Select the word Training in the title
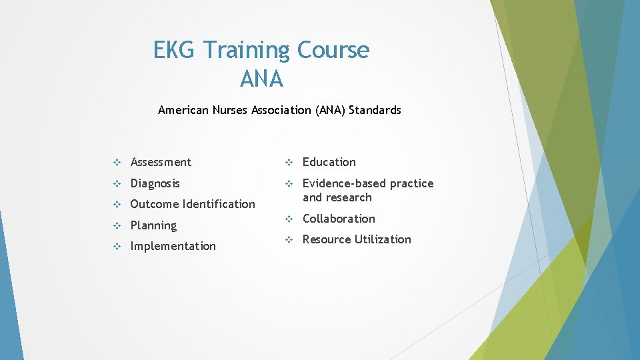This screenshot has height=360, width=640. (247, 50)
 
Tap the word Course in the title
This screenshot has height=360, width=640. (333, 50)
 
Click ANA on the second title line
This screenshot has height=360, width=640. (261, 79)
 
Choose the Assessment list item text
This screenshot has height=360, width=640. (161, 162)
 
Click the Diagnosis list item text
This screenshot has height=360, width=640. (155, 183)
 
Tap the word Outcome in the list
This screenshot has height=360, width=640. (155, 204)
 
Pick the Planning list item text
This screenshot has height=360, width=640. (153, 225)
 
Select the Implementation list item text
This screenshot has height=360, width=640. (173, 246)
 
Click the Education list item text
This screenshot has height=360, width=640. (329, 162)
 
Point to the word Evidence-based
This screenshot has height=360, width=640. (344, 183)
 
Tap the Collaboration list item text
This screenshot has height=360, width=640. (339, 219)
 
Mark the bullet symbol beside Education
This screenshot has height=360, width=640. (289, 163)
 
